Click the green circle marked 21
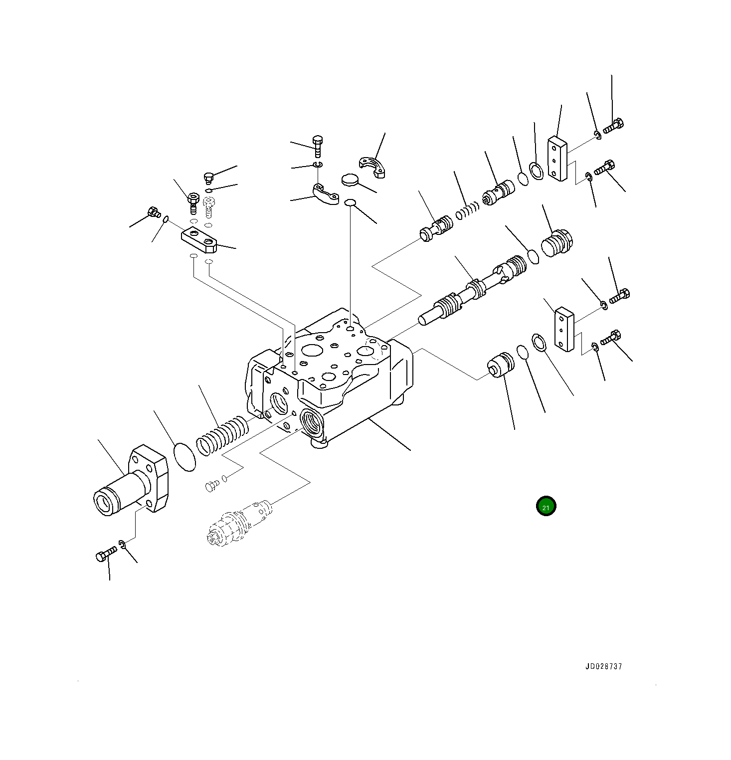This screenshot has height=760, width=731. pyautogui.click(x=546, y=507)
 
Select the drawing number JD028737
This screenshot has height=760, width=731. pyautogui.click(x=603, y=667)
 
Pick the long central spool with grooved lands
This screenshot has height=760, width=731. pyautogui.click(x=474, y=292)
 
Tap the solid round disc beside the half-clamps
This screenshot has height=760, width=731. pyautogui.click(x=351, y=180)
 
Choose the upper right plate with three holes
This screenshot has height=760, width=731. pyautogui.click(x=557, y=158)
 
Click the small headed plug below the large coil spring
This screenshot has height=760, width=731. pyautogui.click(x=211, y=485)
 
